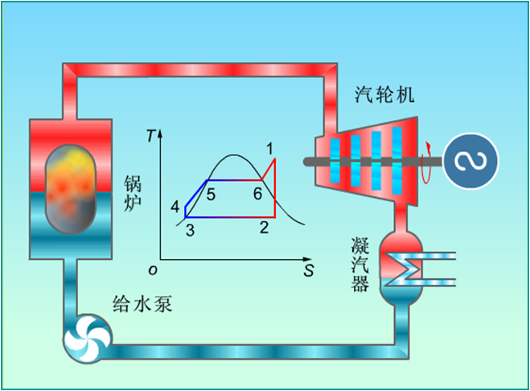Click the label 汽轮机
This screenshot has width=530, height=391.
click(385, 95)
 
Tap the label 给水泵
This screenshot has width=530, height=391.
click(142, 304)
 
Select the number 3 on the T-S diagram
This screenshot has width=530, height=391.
click(190, 231)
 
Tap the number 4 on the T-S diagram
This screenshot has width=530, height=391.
click(175, 208)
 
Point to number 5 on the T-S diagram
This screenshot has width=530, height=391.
click(210, 194)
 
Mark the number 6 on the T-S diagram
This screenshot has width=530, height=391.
click(257, 194)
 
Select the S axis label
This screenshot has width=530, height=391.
click(308, 270)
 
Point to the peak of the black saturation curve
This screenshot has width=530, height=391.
click(232, 155)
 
